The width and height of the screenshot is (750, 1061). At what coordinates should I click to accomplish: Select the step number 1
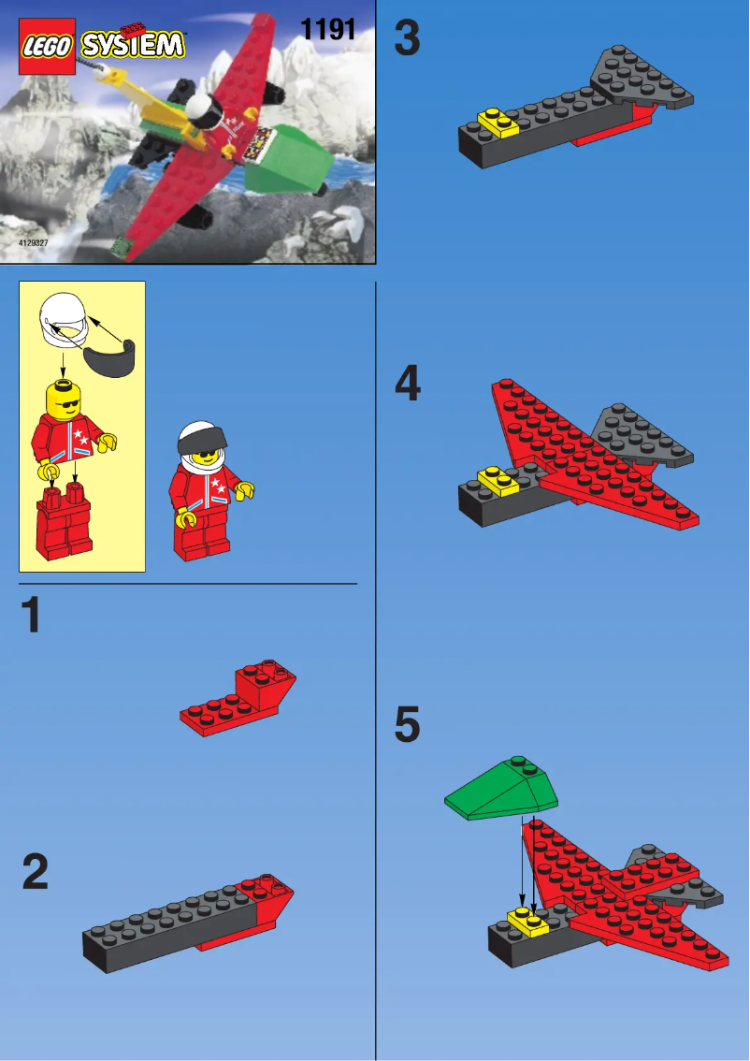tap(32, 617)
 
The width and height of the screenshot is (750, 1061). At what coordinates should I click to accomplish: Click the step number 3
tap(408, 39)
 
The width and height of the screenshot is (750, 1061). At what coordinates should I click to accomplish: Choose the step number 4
tap(408, 385)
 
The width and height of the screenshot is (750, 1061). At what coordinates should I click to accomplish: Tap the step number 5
tap(408, 726)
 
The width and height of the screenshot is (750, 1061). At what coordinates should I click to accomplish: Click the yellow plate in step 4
tap(498, 480)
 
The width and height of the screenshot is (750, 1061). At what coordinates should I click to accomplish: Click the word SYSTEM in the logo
tap(133, 44)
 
